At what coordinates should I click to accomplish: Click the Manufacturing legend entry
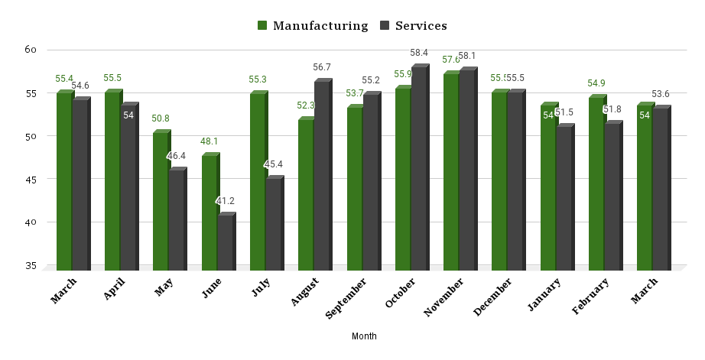[x=313, y=25]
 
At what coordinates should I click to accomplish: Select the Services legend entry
[x=412, y=25]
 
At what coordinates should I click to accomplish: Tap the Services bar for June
[x=226, y=243]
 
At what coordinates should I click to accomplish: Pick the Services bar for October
[x=419, y=169]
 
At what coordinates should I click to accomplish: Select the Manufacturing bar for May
[x=161, y=201]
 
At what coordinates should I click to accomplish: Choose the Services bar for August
[x=322, y=176]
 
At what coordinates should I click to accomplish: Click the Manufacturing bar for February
[x=596, y=184]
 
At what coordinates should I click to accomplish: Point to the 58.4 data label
[x=419, y=53]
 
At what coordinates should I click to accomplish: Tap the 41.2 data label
[x=226, y=201]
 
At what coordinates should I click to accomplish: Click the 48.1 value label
[x=209, y=141]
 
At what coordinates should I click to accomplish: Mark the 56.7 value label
[x=322, y=67]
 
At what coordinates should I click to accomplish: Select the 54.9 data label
[x=596, y=83]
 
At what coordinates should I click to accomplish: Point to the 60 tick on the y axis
[x=31, y=50]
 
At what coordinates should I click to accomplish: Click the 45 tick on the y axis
[x=31, y=180]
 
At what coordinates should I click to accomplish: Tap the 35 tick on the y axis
[x=31, y=266]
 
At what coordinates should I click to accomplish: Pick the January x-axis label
[x=544, y=295]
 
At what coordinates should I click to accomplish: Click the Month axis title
[x=364, y=336]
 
